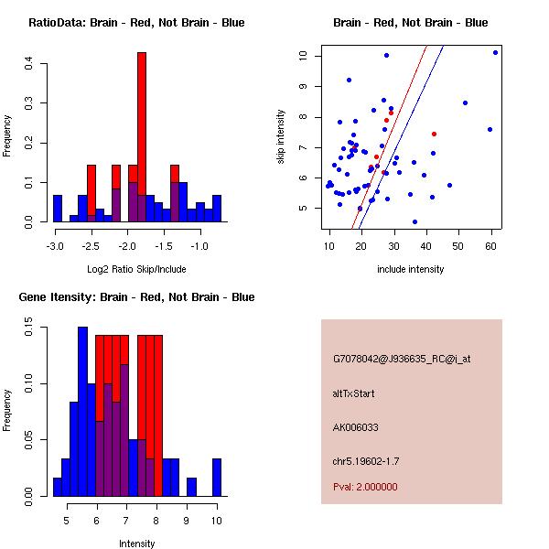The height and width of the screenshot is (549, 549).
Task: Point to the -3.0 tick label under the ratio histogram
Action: (56, 246)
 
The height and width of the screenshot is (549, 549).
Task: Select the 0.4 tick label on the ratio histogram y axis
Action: (30, 63)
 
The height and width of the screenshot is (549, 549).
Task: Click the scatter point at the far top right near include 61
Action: (495, 52)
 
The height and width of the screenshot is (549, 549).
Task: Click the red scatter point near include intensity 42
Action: (434, 134)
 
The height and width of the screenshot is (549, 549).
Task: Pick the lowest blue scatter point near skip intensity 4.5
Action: (414, 221)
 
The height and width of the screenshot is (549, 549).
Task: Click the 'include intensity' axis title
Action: (411, 270)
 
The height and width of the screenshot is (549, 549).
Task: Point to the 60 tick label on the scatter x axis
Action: (490, 246)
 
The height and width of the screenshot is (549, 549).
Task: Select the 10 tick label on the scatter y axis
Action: (303, 55)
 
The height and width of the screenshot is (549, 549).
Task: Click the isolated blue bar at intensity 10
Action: (217, 478)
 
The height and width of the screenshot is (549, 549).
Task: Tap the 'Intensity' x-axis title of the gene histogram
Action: (136, 544)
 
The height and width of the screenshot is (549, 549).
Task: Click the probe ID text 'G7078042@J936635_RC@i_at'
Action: (402, 360)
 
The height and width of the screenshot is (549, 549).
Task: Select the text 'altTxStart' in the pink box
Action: (354, 393)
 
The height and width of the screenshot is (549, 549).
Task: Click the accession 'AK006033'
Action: (356, 426)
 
